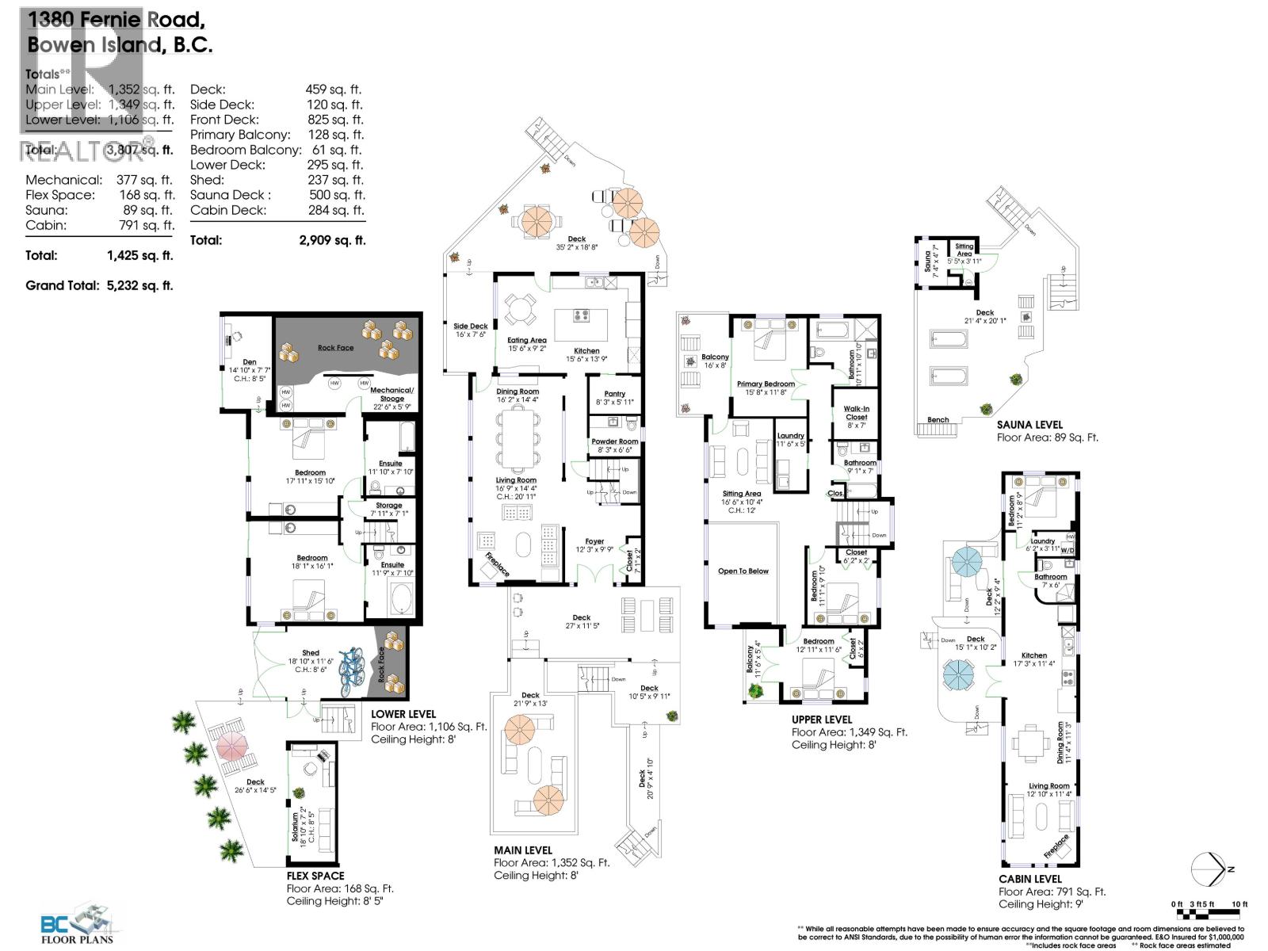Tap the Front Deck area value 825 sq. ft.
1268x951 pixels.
[334, 120]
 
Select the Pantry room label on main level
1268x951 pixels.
[614, 394]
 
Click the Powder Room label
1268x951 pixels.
[614, 441]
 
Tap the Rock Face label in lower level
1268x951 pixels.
[335, 348]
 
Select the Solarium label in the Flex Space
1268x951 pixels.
[294, 827]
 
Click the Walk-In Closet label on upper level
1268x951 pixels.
[856, 412]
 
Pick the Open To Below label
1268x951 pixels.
[743, 571]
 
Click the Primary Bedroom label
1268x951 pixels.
[765, 384]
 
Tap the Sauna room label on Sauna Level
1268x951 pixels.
[928, 262]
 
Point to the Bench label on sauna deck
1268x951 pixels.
[938, 420]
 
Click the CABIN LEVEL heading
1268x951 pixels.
[1029, 879]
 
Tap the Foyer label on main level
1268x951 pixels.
[594, 541]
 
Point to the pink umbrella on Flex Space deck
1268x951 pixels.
[231, 745]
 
